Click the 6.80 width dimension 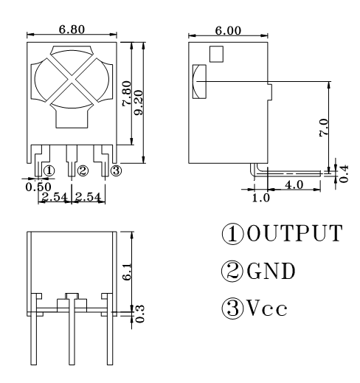pos(72,30)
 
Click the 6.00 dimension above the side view pos(228,31)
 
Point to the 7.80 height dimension pos(127,93)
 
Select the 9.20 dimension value pos(139,103)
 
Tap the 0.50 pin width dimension pos(38,187)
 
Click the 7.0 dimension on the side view pos(324,127)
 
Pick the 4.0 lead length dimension pos(294,184)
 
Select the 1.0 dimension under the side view pos(261,198)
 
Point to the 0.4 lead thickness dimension pos(344,173)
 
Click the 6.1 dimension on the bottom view pos(127,272)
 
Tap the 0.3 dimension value pos(140,314)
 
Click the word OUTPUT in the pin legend pos(294,233)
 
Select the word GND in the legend pos(271,271)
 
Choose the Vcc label pos(267,308)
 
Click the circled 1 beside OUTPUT pos(232,233)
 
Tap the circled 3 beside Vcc pos(232,308)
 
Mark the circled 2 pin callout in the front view pos(83,170)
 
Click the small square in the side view pos(216,54)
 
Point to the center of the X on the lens pos(72,79)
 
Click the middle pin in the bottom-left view pos(72,329)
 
